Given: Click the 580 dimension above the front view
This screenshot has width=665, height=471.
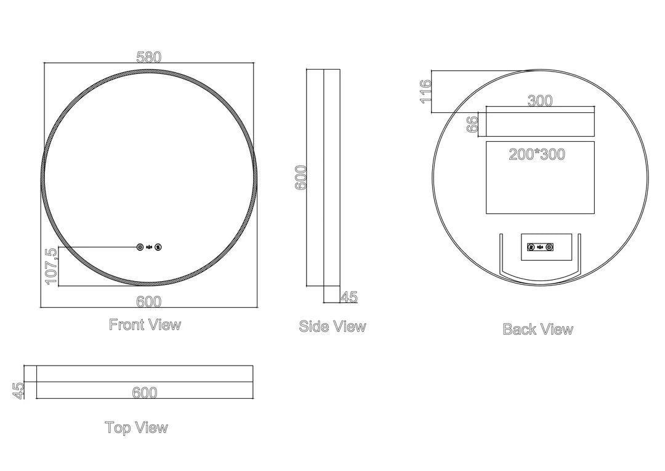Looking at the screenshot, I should pyautogui.click(x=148, y=57).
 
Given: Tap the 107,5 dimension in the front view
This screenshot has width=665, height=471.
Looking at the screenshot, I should pyautogui.click(x=51, y=266).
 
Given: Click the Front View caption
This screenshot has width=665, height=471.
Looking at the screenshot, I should pyautogui.click(x=145, y=324).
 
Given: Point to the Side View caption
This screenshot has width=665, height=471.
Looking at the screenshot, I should pyautogui.click(x=332, y=326).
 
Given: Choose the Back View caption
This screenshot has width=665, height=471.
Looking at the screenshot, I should pyautogui.click(x=538, y=329).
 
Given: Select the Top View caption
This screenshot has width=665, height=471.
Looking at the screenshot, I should pyautogui.click(x=137, y=427).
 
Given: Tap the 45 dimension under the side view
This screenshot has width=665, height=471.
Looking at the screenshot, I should pyautogui.click(x=349, y=297).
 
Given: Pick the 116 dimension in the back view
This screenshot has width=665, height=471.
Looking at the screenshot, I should pyautogui.click(x=425, y=91).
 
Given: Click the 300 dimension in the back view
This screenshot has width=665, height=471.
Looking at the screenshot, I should pyautogui.click(x=540, y=101).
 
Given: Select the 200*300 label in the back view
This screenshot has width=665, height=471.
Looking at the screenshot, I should pyautogui.click(x=537, y=154).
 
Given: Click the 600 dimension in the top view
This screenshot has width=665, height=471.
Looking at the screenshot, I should pyautogui.click(x=145, y=393).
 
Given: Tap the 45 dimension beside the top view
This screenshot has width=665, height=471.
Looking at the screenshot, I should pyautogui.click(x=18, y=391).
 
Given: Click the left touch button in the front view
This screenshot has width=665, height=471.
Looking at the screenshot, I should pyautogui.click(x=140, y=247).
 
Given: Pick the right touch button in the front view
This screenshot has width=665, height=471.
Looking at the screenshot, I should pyautogui.click(x=159, y=247).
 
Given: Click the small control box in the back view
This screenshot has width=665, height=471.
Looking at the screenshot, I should pyautogui.click(x=540, y=248).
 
